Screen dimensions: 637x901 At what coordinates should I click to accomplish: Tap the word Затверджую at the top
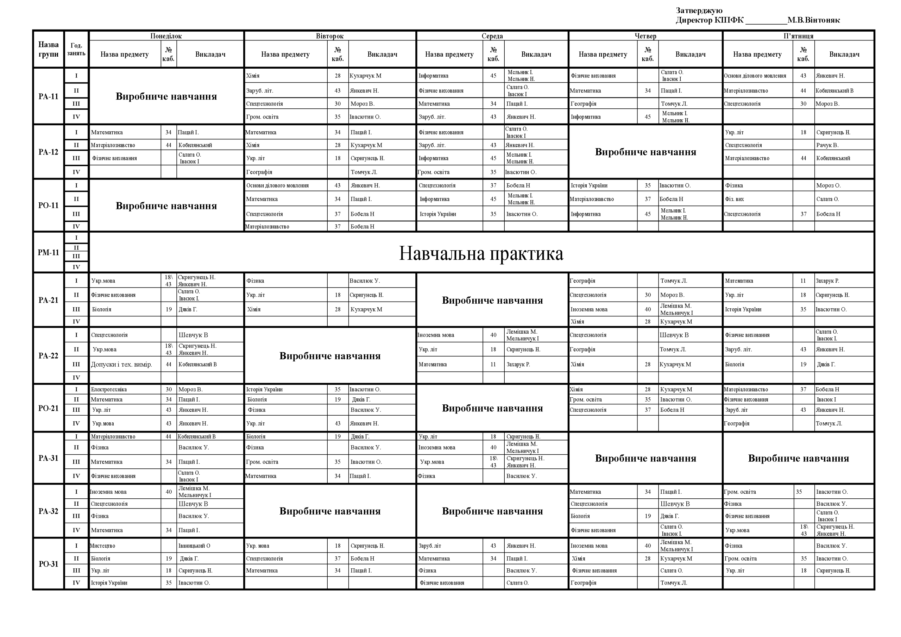point(699,11)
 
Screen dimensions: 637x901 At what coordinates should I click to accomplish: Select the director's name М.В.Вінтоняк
point(813,20)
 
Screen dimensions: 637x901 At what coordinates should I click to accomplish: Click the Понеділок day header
point(166,36)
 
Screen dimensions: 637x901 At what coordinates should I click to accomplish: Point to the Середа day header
point(492,36)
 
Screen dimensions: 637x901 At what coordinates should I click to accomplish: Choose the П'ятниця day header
point(798,36)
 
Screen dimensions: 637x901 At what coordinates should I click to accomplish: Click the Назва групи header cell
point(48,50)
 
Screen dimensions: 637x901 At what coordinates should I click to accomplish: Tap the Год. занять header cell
point(76,50)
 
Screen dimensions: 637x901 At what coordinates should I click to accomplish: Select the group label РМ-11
point(48,252)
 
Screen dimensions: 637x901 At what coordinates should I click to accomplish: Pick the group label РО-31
point(48,564)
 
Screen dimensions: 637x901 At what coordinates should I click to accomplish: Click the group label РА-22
point(48,355)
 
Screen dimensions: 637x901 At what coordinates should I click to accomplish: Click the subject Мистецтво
point(102,545)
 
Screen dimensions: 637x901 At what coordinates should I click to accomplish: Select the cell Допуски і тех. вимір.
point(121,364)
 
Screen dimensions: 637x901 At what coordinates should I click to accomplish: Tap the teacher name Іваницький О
point(194,545)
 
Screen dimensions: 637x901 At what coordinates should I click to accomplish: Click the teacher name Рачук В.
point(827,145)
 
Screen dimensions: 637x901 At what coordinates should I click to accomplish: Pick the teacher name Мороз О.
point(828,185)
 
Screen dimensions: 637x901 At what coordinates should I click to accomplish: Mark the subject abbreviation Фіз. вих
point(734,199)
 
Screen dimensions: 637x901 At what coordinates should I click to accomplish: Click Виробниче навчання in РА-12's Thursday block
point(645,152)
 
